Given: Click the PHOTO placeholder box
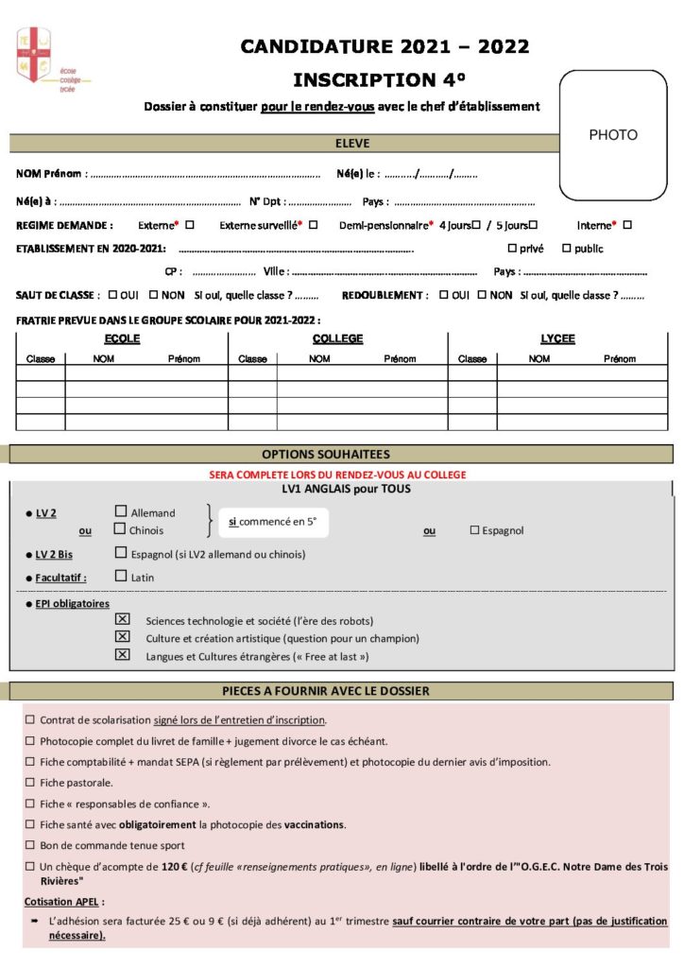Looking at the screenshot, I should point(613,134).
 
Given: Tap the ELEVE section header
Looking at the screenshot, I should point(352,144).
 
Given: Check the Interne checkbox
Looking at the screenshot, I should point(627,225).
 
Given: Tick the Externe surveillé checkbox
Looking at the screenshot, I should point(313,225).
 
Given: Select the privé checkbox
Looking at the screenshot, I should point(512,249).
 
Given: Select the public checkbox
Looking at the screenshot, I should point(567,249).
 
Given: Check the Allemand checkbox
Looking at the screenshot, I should point(120,512).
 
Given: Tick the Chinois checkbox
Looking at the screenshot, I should point(120,529).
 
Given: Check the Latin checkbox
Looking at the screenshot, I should point(120,576).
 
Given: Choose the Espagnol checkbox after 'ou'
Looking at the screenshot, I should point(474,530).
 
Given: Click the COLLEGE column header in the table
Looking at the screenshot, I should point(337,339).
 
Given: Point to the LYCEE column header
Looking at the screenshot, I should point(557,339).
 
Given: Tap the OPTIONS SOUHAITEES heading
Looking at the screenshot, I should point(338,455).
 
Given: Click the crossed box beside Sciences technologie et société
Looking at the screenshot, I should point(122,619).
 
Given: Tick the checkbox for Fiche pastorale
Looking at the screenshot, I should point(30,783).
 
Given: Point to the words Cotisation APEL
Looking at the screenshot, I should point(64,902).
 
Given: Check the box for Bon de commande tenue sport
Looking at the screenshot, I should point(30,845).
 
